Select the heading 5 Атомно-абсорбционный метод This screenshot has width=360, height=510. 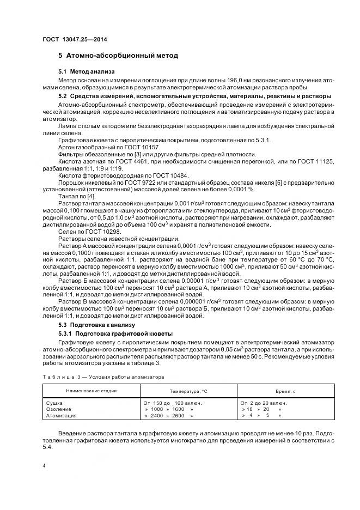click(118, 56)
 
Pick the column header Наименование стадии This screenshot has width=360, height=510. click(91, 391)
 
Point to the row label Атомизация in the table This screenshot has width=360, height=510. click(62, 415)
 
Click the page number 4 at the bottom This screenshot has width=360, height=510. click(44, 466)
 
